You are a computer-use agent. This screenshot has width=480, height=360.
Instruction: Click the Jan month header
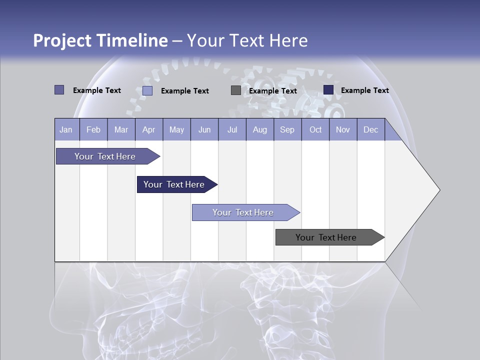[x=66, y=130]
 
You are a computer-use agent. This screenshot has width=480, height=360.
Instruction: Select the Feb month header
[x=93, y=130]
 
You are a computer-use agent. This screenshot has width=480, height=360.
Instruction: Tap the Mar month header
[x=121, y=130]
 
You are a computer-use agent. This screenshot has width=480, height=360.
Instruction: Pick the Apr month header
[x=149, y=130]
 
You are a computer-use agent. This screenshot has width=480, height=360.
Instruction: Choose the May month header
[x=176, y=130]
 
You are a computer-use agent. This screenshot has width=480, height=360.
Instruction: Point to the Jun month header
[x=204, y=130]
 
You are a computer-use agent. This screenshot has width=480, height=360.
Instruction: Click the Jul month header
[x=232, y=130]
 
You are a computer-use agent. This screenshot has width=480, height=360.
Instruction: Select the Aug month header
[x=260, y=130]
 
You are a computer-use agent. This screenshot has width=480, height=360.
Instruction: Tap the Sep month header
[x=287, y=130]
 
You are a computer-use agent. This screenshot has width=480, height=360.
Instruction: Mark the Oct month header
[x=315, y=130]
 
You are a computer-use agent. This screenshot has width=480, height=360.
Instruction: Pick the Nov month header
[x=343, y=130]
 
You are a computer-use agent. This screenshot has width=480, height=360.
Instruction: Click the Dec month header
[x=371, y=130]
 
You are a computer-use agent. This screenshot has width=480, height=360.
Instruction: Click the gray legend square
[x=236, y=90]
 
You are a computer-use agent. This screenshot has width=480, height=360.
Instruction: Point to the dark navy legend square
[x=328, y=90]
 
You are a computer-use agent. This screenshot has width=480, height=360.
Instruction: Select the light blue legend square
[x=147, y=90]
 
